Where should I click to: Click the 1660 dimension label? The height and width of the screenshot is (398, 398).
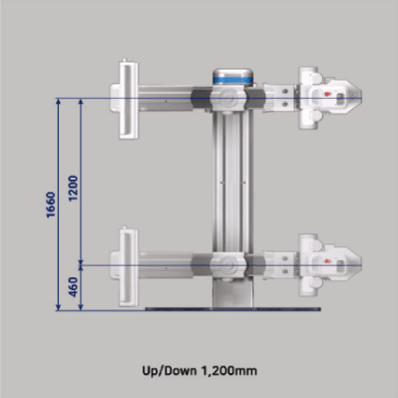tap(51, 204)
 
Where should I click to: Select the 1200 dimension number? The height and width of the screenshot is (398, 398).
tap(73, 189)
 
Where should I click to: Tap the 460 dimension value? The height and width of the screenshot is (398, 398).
tap(73, 287)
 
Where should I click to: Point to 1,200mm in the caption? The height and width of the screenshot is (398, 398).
tap(228, 370)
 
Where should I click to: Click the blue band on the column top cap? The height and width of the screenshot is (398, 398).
tap(232, 80)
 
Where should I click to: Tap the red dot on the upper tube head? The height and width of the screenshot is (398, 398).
tap(327, 94)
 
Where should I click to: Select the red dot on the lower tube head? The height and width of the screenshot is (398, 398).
tap(327, 261)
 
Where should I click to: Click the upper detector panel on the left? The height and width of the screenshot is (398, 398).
tap(129, 100)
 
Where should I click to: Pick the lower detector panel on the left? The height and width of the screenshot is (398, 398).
tap(129, 267)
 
